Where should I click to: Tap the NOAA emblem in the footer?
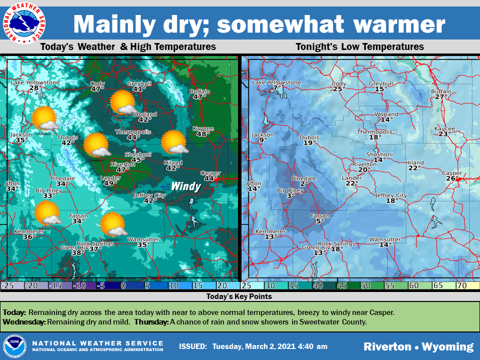tap(13, 346)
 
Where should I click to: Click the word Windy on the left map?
tap(185, 187)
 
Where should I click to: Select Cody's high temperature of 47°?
tap(97, 89)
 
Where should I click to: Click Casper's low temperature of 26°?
tap(452, 179)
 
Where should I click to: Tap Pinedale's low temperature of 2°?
tap(303, 184)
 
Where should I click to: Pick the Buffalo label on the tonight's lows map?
tap(441, 91)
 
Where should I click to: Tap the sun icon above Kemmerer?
tap(47, 213)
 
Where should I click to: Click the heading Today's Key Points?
tap(239, 296)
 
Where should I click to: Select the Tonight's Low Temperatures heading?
tap(359, 47)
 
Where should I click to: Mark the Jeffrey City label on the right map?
tap(391, 195)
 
